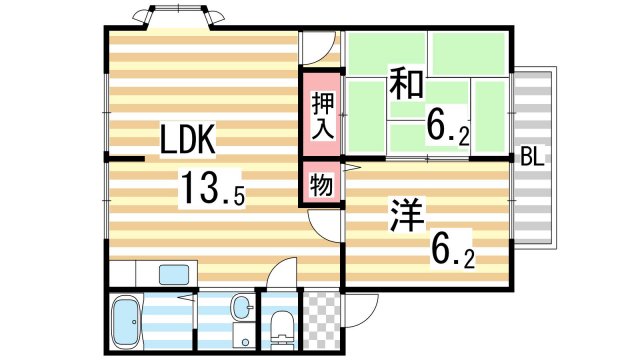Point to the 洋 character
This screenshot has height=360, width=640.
click(403, 214)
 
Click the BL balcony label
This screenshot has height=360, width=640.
click(531, 158)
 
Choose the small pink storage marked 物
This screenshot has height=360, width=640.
click(321, 185)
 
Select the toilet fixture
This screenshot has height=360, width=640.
click(281, 324)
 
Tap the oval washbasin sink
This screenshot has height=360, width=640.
click(240, 306)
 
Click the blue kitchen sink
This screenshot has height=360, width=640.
click(174, 274)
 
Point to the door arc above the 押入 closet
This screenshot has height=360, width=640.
click(317, 49)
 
